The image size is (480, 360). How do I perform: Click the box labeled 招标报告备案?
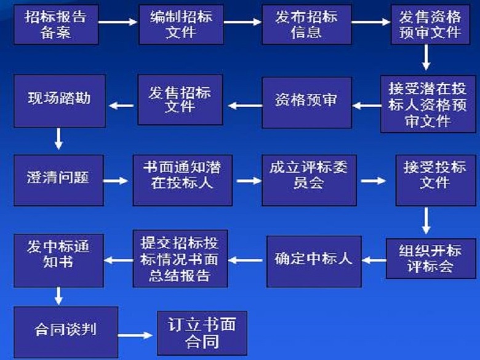coord(55,25)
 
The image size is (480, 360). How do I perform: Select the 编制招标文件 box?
coord(181,25)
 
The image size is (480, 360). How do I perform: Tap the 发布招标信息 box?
coord(306,25)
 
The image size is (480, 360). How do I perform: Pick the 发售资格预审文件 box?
coord(430,25)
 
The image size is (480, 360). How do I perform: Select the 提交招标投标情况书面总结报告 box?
coord(180,258)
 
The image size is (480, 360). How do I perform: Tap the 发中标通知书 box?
coord(58,259)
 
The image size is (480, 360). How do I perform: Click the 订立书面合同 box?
coord(202,332)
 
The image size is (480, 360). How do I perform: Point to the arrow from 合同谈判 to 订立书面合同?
coord(135,335)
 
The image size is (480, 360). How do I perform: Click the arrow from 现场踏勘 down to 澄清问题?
coord(58,138)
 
